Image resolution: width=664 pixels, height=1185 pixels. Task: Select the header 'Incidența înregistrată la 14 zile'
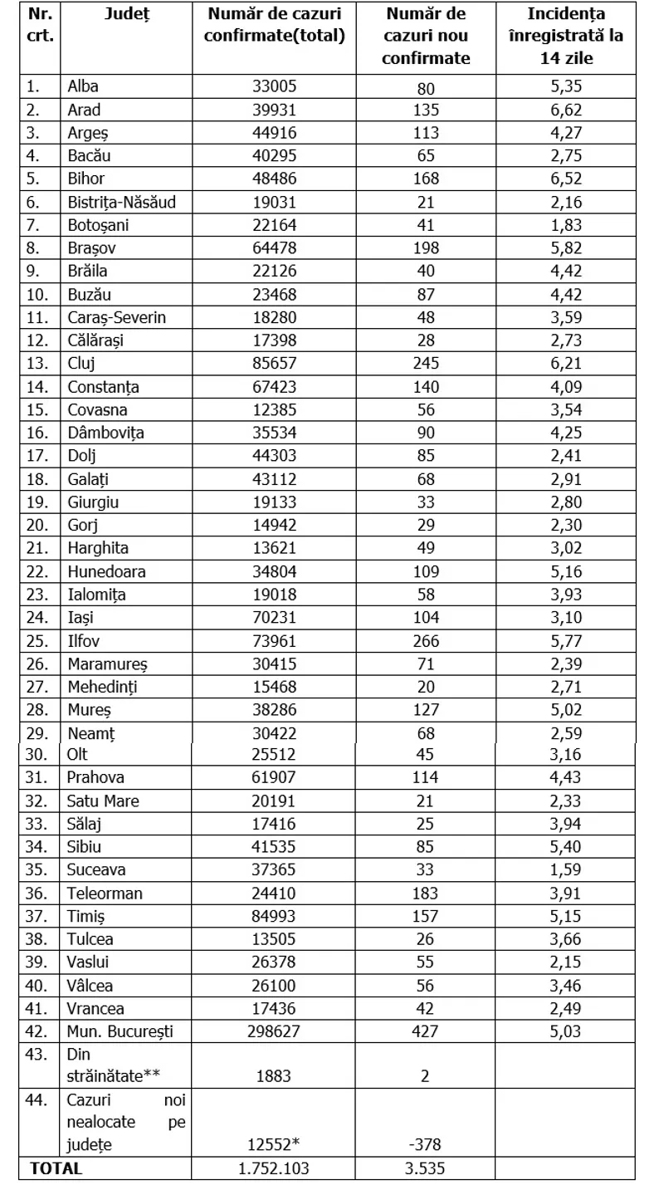coord(576,36)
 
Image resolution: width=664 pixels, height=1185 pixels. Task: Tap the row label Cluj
coord(80,363)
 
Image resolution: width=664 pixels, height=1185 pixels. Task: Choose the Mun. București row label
coord(121,1031)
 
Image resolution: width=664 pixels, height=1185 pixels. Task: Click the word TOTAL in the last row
coord(56,1168)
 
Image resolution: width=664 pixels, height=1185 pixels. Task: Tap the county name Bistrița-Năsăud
coord(121,202)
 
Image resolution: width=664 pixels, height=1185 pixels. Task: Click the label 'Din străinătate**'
coord(113,1065)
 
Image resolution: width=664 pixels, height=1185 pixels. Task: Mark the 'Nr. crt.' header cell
coord(41,25)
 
